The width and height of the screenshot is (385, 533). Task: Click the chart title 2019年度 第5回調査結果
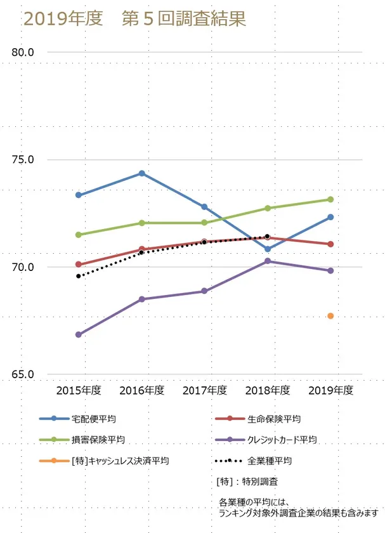134,19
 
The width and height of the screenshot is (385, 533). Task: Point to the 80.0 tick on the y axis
23,53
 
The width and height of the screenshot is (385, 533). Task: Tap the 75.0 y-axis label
23,160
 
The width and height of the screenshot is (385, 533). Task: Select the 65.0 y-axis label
23,374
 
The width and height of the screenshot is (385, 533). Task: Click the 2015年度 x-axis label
79,390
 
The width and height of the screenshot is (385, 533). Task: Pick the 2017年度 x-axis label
204,390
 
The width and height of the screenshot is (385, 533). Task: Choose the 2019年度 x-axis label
330,390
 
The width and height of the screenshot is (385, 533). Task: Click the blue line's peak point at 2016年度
141,173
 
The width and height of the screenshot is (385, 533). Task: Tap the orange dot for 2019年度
330,316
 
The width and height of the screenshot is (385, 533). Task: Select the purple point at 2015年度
79,334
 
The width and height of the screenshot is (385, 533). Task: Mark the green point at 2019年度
330,199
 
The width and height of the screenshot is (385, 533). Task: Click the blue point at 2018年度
268,249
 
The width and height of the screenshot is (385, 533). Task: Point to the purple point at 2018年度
268,261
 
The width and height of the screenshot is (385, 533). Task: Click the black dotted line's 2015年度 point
79,276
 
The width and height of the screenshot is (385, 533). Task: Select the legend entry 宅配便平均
94,419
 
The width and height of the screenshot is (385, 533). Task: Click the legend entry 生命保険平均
274,419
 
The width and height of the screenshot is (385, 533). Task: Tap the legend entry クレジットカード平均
282,439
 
